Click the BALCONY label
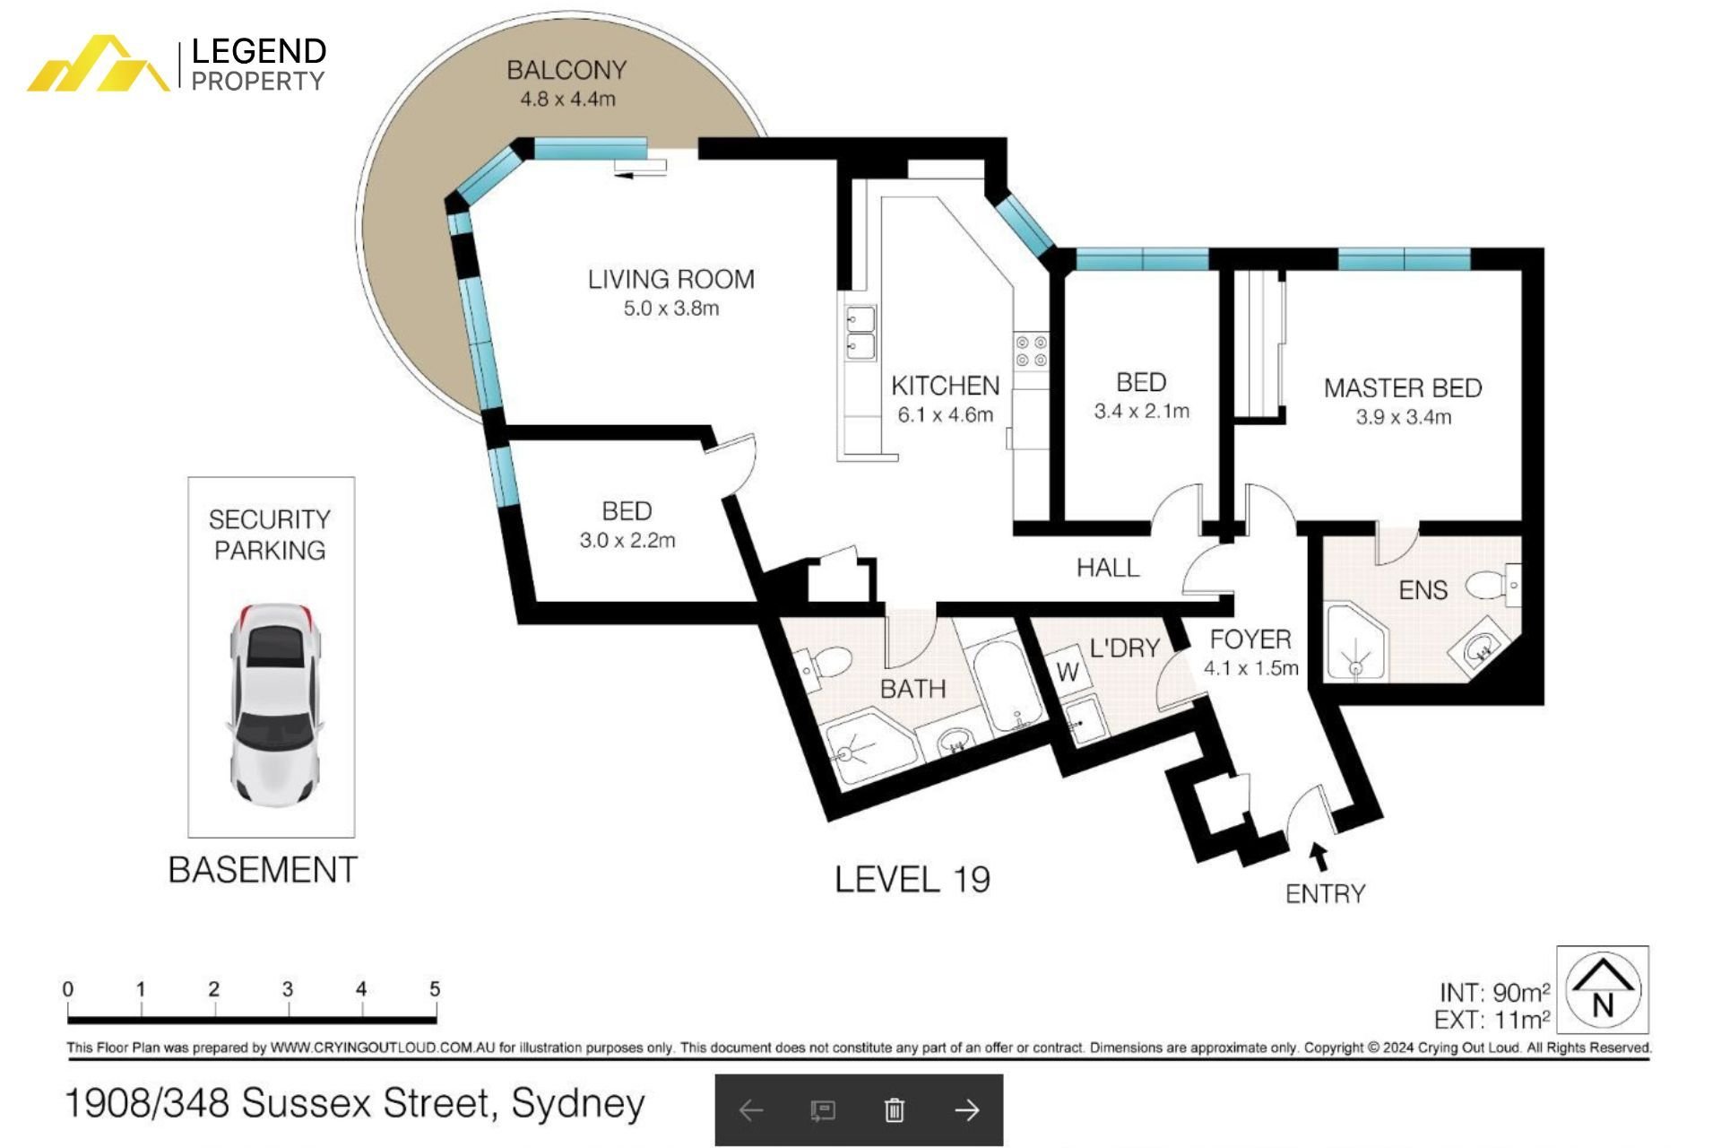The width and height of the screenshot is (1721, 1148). [x=566, y=70]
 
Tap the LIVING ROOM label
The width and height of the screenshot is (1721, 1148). [x=671, y=280]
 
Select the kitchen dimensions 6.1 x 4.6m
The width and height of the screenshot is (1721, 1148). [x=946, y=415]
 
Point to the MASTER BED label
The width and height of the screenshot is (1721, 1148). [x=1403, y=388]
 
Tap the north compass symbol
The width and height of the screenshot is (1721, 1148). [x=1603, y=990]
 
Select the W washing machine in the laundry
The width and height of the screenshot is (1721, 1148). [x=1068, y=672]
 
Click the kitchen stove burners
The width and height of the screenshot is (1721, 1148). [x=1031, y=351]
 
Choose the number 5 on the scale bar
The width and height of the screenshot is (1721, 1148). [x=435, y=989]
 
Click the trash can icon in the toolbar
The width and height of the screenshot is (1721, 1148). [x=894, y=1110]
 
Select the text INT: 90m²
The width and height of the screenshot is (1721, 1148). [x=1494, y=993]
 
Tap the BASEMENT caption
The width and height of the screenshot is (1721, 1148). [x=263, y=870]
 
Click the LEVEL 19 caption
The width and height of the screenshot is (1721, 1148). [x=912, y=880]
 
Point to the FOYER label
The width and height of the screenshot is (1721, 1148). [x=1250, y=639]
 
